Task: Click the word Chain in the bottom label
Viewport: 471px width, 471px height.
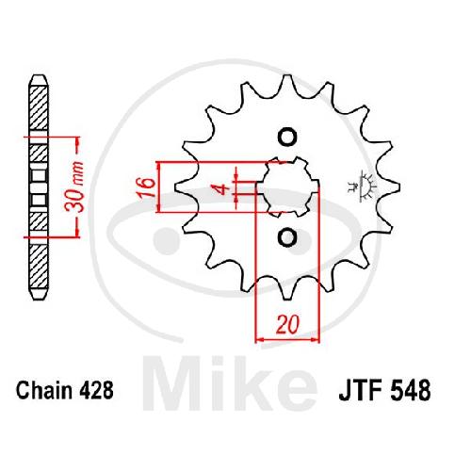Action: [44, 390]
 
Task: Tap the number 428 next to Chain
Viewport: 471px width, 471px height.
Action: [96, 390]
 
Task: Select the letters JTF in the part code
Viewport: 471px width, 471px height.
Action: [360, 391]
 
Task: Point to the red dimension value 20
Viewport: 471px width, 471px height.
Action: [287, 324]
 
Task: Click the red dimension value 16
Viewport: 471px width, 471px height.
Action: [146, 187]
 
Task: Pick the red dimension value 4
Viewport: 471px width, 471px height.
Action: [223, 189]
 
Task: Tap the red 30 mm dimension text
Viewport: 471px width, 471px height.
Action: [74, 187]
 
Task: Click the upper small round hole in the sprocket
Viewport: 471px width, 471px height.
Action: [287, 137]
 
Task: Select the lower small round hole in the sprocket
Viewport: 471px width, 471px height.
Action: [287, 237]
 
